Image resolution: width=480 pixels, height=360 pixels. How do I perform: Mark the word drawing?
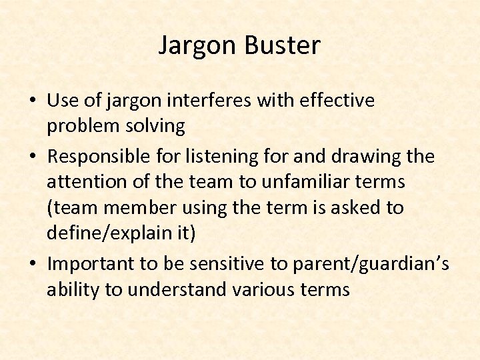tap(363, 157)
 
